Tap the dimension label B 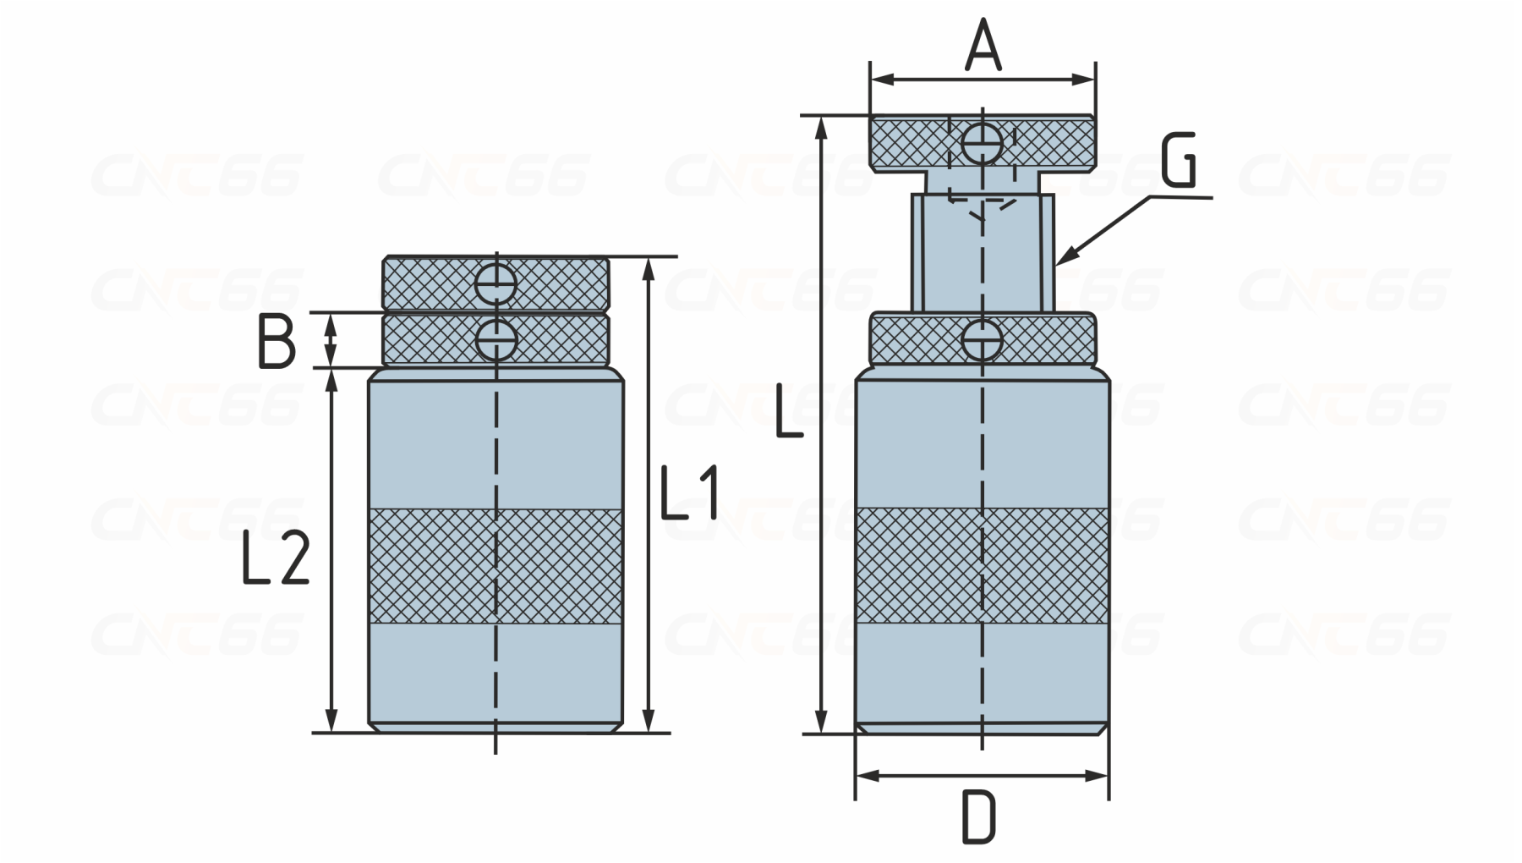pyautogui.click(x=276, y=341)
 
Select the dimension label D pyautogui.click(x=979, y=817)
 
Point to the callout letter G pyautogui.click(x=1179, y=160)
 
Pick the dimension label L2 pyautogui.click(x=276, y=558)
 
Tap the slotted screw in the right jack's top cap pyautogui.click(x=983, y=145)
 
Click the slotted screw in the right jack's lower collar pyautogui.click(x=983, y=342)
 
